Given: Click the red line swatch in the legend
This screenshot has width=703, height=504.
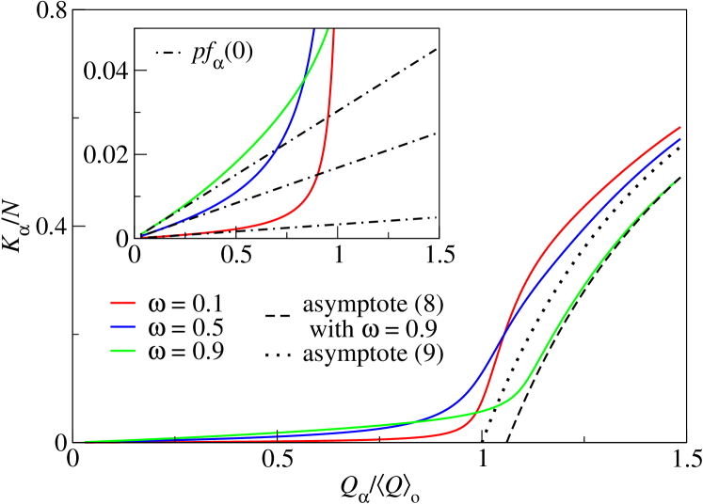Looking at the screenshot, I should (x=123, y=303).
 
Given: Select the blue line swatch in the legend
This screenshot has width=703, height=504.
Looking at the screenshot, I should (x=123, y=327).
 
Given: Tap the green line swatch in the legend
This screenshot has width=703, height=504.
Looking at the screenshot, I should (x=123, y=351).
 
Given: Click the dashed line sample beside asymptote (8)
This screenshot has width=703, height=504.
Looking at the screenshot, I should (x=278, y=314).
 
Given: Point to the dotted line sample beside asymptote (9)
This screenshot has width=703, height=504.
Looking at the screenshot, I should (x=278, y=356).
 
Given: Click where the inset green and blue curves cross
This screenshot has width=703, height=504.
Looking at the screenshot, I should (x=303, y=83).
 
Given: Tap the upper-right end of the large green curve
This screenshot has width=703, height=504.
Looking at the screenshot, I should (x=679, y=178).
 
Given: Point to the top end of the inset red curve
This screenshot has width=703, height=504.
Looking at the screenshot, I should (x=333, y=30).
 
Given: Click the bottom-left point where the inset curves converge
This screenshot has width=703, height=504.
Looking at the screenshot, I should (x=143, y=235).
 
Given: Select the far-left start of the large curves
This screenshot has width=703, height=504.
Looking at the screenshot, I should (x=86, y=440).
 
